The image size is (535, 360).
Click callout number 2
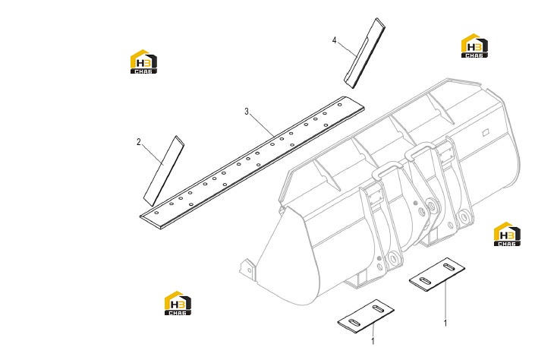[x=139, y=142]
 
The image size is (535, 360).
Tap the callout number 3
[x=247, y=112]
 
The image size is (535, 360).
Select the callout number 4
[x=335, y=40]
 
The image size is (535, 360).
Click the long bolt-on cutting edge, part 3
[x=252, y=163]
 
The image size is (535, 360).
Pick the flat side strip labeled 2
[x=164, y=171]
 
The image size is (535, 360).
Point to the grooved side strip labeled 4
[x=364, y=53]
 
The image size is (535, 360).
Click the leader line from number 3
[x=262, y=125]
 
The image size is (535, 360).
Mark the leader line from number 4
[x=347, y=49]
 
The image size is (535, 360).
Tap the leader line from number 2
[x=153, y=155]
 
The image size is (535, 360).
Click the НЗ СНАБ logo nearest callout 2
[x=143, y=62]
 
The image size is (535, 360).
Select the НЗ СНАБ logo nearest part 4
[x=474, y=46]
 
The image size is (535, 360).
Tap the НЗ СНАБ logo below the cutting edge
[x=178, y=303]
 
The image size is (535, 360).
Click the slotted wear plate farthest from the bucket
[x=366, y=316]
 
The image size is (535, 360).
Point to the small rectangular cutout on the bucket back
[x=485, y=132]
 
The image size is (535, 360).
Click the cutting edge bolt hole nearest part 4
[x=340, y=105]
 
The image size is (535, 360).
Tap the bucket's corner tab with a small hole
[x=248, y=269]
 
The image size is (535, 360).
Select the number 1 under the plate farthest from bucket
[x=373, y=341]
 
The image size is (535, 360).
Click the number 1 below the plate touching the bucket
[x=445, y=323]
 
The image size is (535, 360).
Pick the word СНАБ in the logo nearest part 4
[x=474, y=55]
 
